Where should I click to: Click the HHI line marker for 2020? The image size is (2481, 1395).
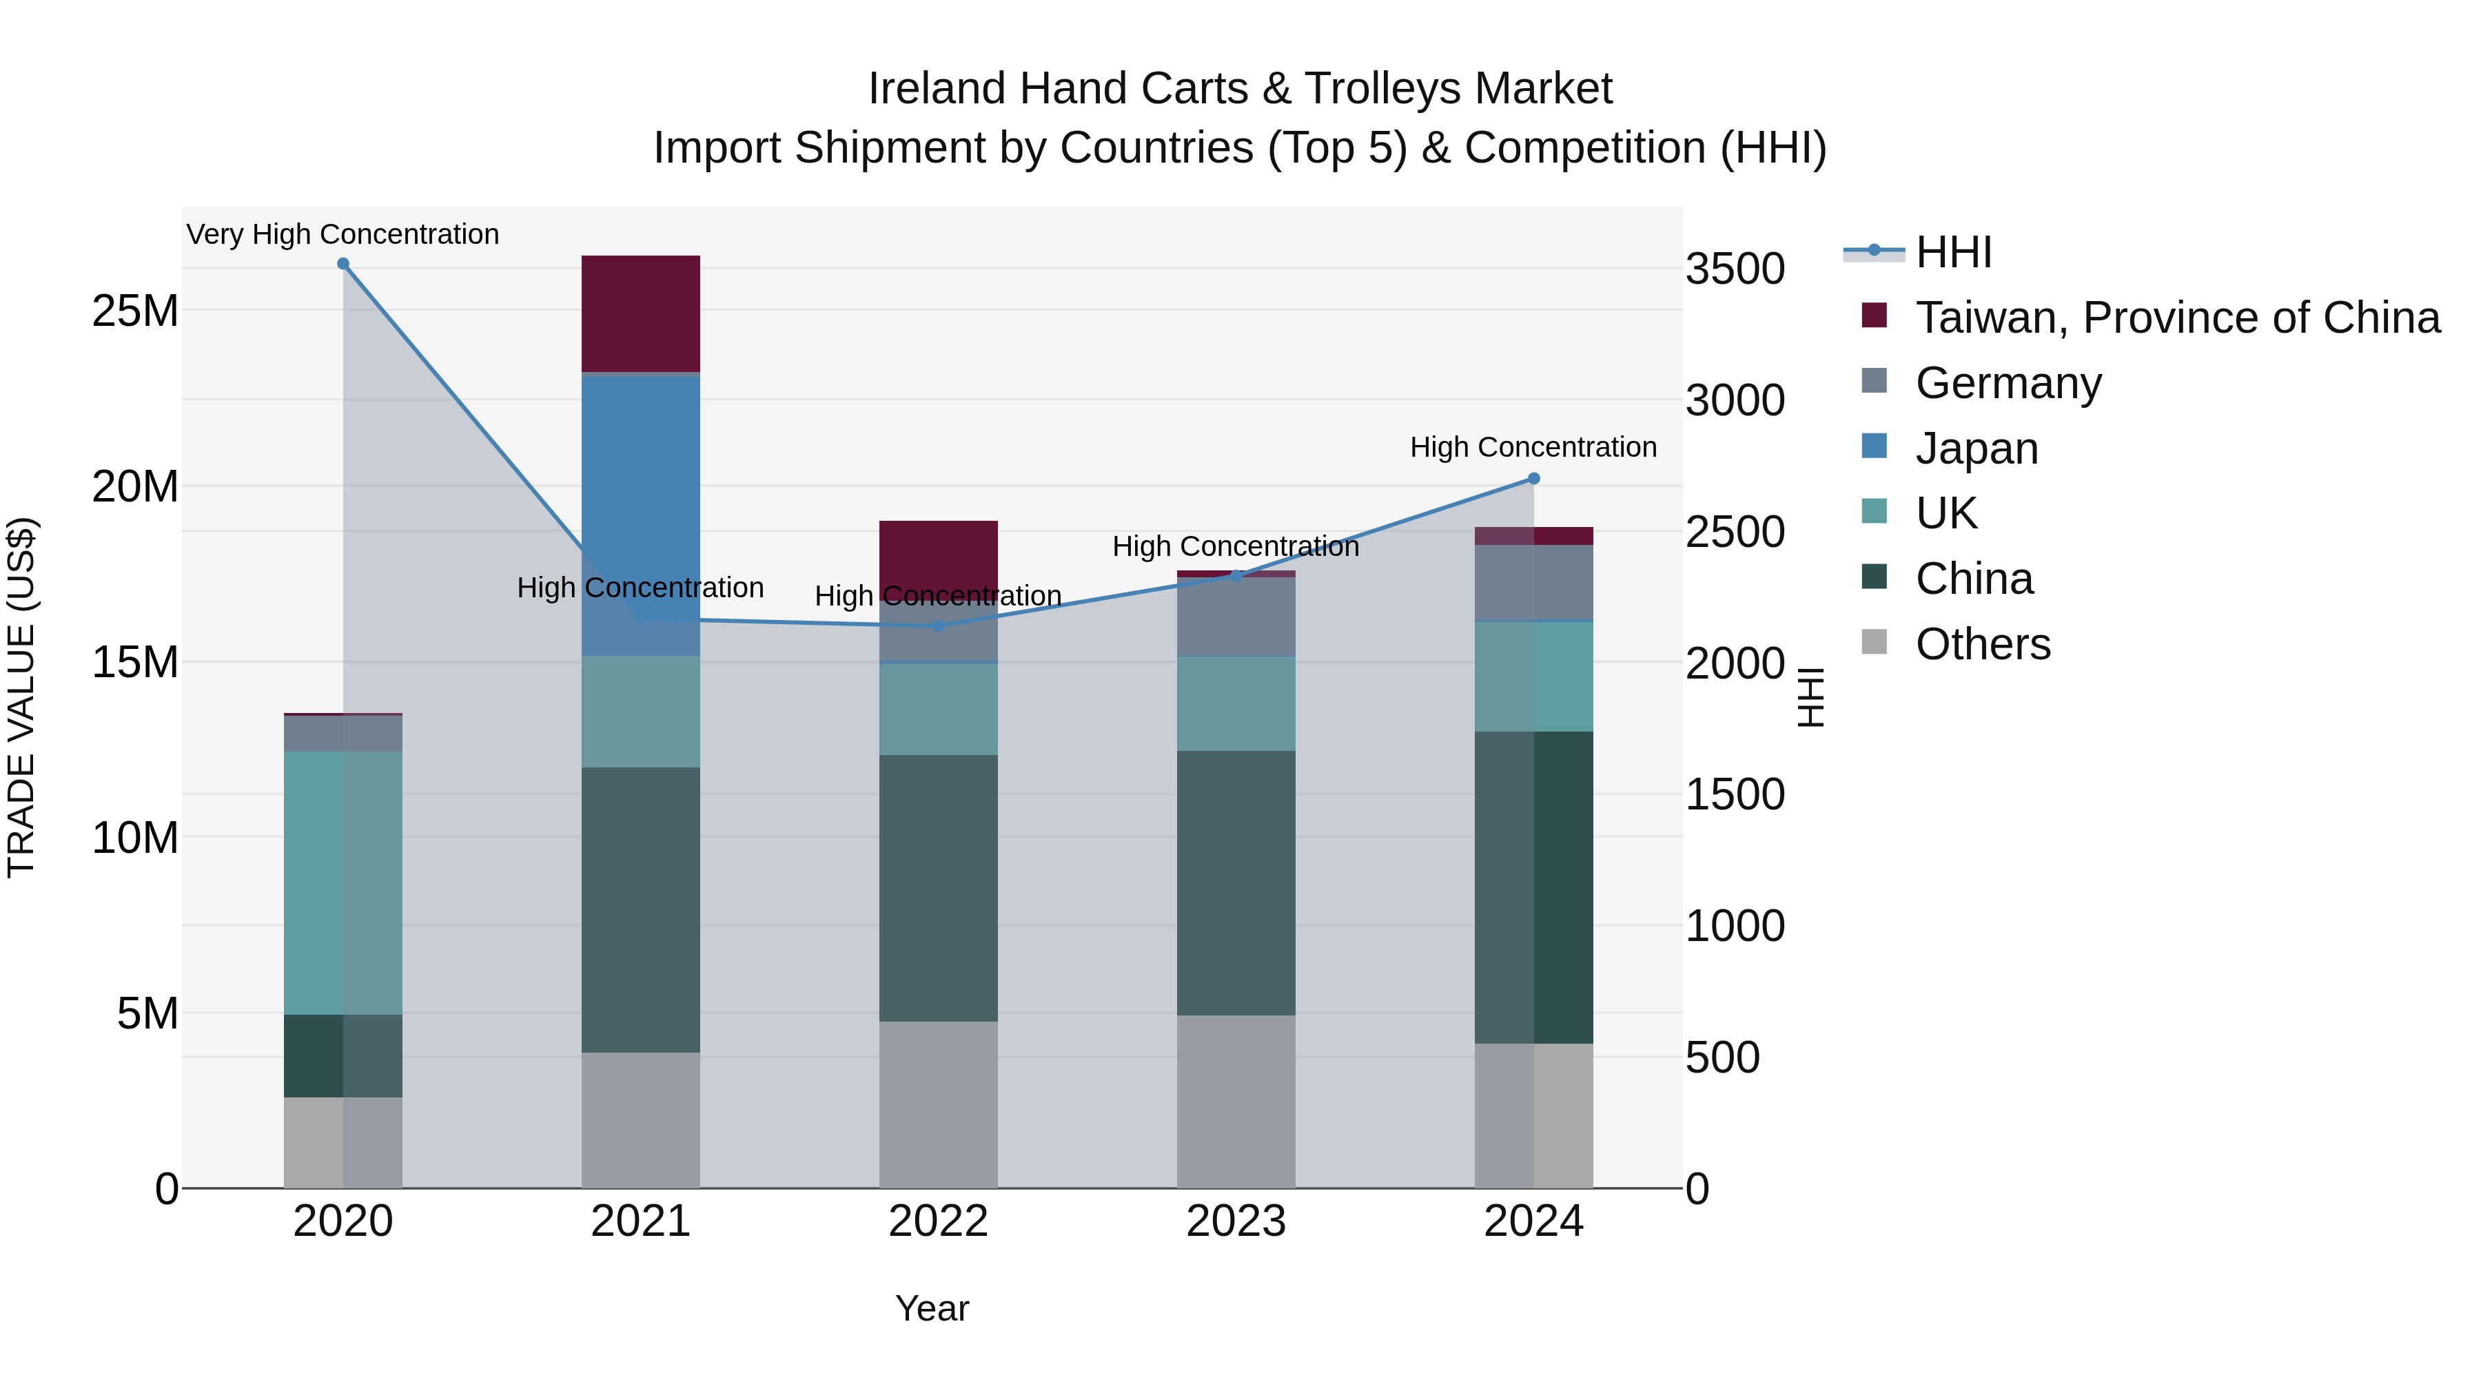(343, 264)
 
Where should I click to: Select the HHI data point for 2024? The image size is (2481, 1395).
(1533, 479)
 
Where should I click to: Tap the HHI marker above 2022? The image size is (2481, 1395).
(938, 626)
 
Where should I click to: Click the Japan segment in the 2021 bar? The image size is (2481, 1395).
(640, 510)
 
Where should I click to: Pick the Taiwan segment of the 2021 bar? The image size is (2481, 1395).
(640, 313)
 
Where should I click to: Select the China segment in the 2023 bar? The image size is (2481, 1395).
(1236, 881)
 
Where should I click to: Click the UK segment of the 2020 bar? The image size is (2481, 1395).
(343, 881)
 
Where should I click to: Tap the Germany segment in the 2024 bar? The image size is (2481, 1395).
(1533, 582)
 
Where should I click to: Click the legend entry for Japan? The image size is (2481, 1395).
(1975, 448)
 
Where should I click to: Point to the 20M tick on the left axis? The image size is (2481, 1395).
(135, 487)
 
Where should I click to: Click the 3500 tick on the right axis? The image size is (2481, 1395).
(1735, 269)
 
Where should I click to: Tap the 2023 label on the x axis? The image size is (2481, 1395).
(1236, 1221)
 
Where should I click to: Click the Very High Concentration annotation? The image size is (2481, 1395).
(343, 234)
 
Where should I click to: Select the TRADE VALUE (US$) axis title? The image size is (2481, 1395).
(21, 697)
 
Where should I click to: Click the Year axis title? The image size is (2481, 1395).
(931, 1308)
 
